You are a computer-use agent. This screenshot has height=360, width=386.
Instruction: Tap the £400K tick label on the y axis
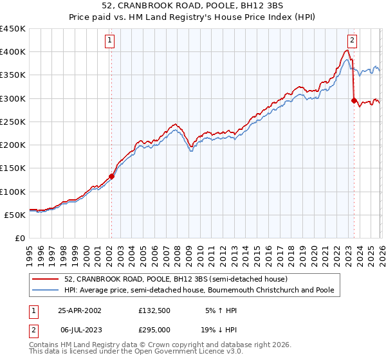12,52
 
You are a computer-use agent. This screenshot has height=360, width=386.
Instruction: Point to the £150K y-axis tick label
12,168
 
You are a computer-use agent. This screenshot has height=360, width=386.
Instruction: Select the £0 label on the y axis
20,239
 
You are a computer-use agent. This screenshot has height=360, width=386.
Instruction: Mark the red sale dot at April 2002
111,176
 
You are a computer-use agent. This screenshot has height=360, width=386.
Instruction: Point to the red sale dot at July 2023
354,100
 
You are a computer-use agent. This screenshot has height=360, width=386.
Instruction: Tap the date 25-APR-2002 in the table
80,310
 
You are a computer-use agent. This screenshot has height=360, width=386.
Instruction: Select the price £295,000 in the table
154,329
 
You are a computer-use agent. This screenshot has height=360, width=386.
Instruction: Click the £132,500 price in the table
154,310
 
